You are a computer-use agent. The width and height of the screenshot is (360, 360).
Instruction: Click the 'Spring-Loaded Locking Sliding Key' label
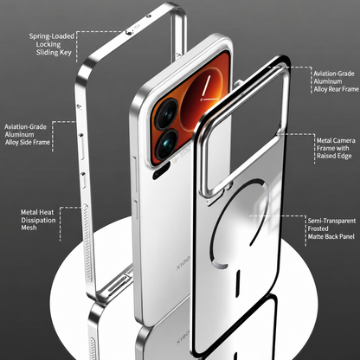(52, 44)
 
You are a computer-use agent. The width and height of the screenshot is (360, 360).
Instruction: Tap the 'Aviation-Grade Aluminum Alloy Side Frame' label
(28, 135)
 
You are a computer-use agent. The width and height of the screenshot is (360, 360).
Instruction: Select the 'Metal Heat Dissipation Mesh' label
(38, 220)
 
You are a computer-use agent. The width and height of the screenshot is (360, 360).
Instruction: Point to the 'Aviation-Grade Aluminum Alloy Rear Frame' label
(336, 81)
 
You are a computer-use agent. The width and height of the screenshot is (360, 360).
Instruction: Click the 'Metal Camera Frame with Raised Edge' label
(336, 148)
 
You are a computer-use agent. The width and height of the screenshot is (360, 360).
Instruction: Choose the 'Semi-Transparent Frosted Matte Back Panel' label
(331, 228)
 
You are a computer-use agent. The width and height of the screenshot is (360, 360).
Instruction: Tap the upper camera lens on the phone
(167, 114)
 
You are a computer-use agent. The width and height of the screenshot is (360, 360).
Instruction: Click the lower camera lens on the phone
(166, 145)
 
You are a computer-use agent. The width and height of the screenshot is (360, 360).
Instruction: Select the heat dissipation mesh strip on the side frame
(87, 242)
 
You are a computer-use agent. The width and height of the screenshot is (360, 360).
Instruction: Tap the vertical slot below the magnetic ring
(238, 284)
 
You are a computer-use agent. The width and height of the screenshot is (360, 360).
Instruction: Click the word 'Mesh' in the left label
(29, 228)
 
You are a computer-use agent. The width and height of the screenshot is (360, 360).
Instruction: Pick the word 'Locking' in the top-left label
(48, 44)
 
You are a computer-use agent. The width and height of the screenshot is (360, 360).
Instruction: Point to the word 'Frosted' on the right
(318, 228)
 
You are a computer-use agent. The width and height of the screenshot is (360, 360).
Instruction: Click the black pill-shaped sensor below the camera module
(161, 170)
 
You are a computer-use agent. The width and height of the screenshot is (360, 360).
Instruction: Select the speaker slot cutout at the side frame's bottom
(116, 285)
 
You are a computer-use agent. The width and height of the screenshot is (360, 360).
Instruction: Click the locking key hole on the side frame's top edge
(130, 32)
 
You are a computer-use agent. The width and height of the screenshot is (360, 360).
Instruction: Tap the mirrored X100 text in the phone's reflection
(183, 337)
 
